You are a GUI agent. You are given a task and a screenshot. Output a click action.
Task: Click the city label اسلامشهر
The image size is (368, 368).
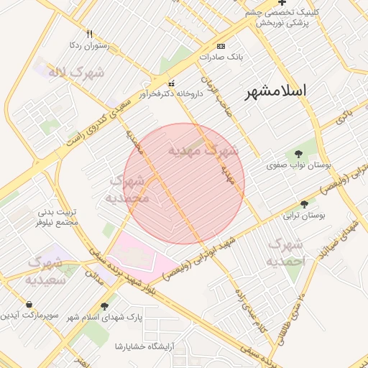(276, 91)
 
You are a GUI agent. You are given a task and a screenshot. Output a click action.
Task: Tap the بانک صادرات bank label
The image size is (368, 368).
(223, 55)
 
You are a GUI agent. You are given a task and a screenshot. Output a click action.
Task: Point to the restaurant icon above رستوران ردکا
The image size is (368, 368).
(89, 34)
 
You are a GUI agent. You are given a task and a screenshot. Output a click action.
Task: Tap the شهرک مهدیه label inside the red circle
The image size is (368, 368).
(203, 151)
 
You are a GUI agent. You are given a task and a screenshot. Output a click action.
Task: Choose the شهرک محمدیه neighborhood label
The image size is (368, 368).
(127, 188)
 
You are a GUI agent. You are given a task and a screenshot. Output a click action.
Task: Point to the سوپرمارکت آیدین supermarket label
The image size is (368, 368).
(29, 316)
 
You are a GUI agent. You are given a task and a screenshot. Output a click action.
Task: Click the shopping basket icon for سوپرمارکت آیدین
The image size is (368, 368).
(28, 305)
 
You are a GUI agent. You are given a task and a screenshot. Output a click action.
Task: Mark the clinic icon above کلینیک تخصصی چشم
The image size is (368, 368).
(272, 3)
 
